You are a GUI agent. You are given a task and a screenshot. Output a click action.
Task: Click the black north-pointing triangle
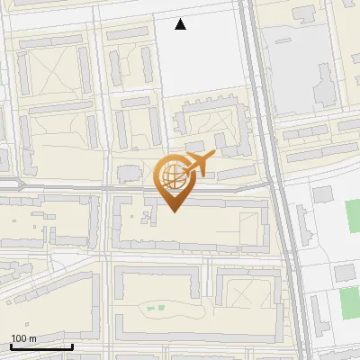point(181,24)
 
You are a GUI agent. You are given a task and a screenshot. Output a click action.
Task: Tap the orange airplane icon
point(198,165)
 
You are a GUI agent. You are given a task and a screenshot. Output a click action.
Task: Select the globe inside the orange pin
point(172,176)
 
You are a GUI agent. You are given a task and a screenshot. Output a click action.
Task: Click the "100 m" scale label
point(23,338)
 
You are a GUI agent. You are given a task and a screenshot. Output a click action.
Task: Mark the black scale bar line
point(41,346)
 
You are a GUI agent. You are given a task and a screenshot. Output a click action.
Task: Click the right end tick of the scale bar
point(72,346)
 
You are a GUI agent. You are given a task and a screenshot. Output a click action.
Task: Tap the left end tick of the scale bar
point(11,346)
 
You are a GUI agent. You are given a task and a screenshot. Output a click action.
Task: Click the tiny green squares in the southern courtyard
point(155,309)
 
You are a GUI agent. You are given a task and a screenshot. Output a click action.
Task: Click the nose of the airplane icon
point(213,157)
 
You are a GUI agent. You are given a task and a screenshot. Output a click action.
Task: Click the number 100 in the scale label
point(19,338)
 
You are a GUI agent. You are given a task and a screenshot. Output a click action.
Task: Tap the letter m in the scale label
point(32,338)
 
